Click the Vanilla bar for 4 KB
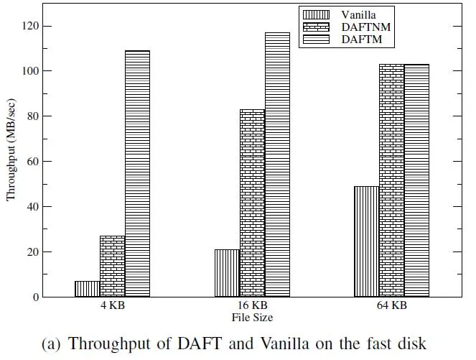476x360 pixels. pyautogui.click(x=88, y=289)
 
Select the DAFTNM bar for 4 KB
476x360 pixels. pyautogui.click(x=112, y=266)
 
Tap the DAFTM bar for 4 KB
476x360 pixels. pyautogui.click(x=137, y=173)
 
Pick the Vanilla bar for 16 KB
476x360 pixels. pyautogui.click(x=227, y=273)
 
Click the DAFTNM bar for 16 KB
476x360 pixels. pyautogui.click(x=252, y=203)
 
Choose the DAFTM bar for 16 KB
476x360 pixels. pyautogui.click(x=277, y=165)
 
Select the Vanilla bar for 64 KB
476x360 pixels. pyautogui.click(x=366, y=241)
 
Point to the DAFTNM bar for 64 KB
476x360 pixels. pyautogui.click(x=391, y=180)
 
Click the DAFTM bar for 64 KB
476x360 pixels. pyautogui.click(x=416, y=180)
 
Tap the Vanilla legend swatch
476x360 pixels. pyautogui.click(x=316, y=14)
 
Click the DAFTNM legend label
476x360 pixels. pyautogui.click(x=366, y=27)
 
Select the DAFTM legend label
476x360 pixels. pyautogui.click(x=362, y=40)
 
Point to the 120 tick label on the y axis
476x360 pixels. pyautogui.click(x=30, y=26)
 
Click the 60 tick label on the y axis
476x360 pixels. pyautogui.click(x=33, y=161)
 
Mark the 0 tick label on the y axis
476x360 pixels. pyautogui.click(x=36, y=297)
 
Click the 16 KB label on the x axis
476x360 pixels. pyautogui.click(x=252, y=305)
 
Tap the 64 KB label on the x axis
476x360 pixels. pyautogui.click(x=391, y=305)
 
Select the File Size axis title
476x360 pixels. pyautogui.click(x=252, y=318)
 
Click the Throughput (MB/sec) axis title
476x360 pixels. pyautogui.click(x=11, y=149)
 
